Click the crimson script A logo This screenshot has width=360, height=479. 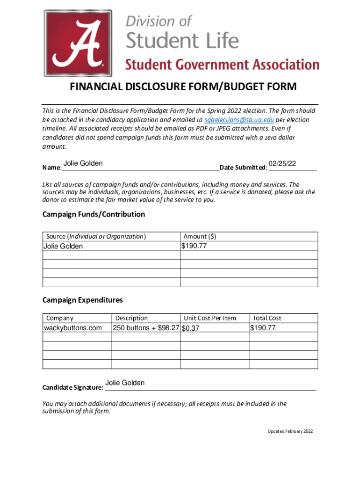pyautogui.click(x=78, y=43)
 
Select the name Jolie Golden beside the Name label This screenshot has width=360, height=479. pyautogui.click(x=83, y=164)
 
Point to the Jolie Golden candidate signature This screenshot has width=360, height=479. pyautogui.click(x=125, y=383)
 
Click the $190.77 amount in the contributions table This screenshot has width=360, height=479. pyautogui.click(x=194, y=246)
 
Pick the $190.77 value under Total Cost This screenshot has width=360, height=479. pyautogui.click(x=263, y=328)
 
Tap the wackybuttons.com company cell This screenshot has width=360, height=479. pyautogui.click(x=72, y=328)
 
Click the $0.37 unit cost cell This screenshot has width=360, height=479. pyautogui.click(x=191, y=328)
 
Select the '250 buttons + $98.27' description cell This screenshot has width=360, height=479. pyautogui.click(x=146, y=328)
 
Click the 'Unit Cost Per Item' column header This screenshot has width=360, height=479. pyautogui.click(x=210, y=318)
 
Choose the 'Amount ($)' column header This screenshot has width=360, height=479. pyautogui.click(x=200, y=237)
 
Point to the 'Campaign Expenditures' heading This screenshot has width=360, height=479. pyautogui.click(x=82, y=300)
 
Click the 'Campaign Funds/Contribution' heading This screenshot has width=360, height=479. pyautogui.click(x=94, y=214)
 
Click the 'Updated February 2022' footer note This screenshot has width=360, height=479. pyautogui.click(x=290, y=431)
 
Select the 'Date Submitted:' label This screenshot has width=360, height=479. pyautogui.click(x=244, y=167)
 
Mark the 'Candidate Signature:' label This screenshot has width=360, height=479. pyautogui.click(x=72, y=387)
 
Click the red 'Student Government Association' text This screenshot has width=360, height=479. pyautogui.click(x=222, y=65)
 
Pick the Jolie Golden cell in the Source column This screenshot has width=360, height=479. pyautogui.click(x=63, y=246)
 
